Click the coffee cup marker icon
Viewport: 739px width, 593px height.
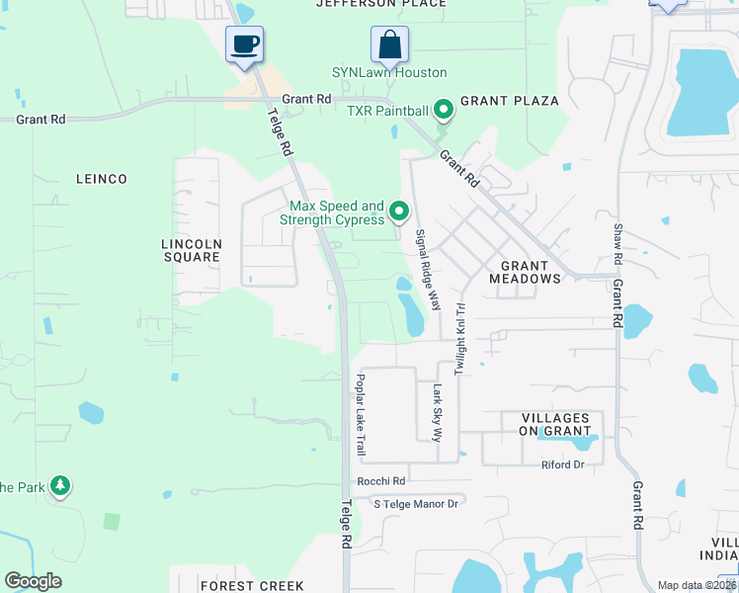245,44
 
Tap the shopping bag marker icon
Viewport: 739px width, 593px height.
389,44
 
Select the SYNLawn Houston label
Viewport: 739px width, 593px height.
388,73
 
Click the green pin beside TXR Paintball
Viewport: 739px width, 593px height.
444,109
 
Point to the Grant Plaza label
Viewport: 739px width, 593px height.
510,101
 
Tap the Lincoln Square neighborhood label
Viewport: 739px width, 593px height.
191,249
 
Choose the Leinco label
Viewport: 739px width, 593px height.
102,179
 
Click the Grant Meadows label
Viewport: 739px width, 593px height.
525,272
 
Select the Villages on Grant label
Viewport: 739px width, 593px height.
560,424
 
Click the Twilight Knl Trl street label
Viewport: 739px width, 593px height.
459,339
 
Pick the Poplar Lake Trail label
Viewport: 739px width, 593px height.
362,414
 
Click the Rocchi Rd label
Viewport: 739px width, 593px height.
381,481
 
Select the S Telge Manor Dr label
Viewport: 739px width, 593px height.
416,504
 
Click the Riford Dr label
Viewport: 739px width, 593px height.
563,465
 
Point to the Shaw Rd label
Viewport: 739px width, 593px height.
617,243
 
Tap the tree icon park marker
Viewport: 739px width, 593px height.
61,485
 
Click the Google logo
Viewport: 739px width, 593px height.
33,581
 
